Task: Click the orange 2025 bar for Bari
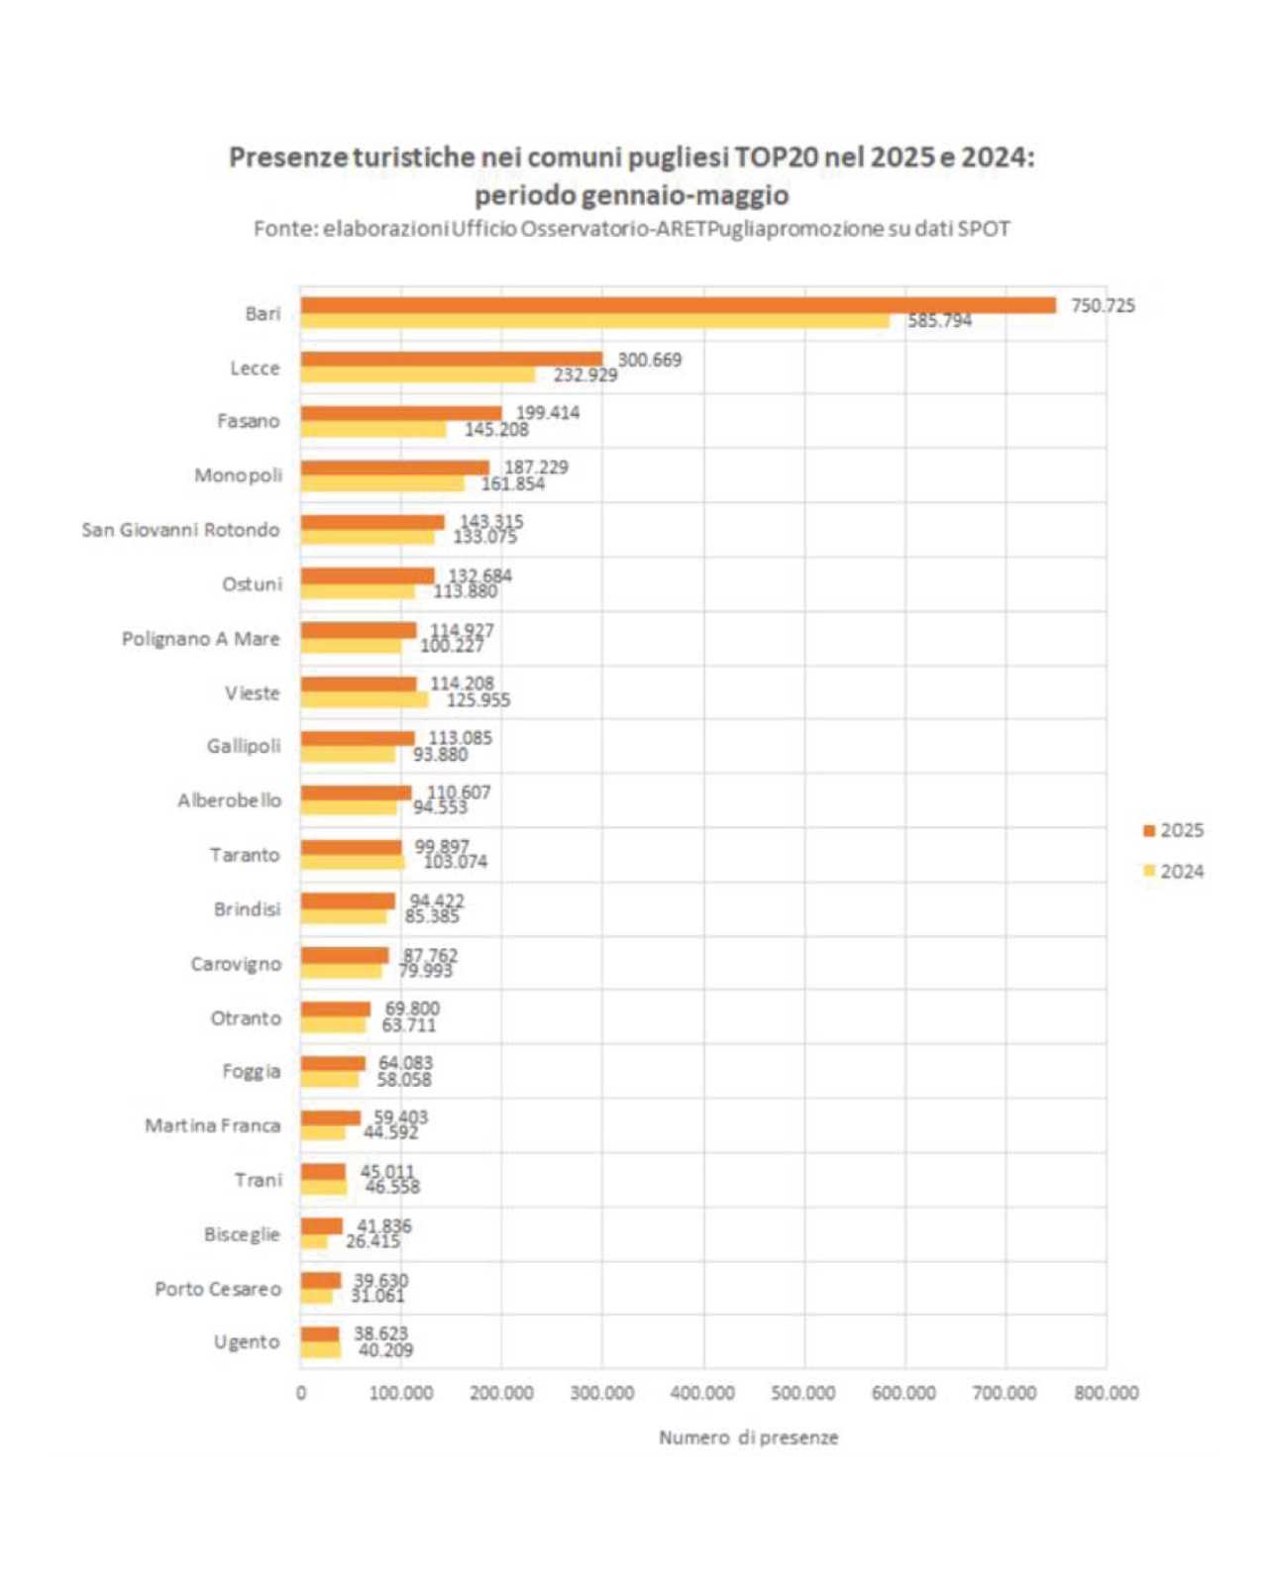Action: [679, 305]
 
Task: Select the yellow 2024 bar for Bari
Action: [594, 321]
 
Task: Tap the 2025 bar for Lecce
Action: [452, 359]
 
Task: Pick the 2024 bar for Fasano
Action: [373, 430]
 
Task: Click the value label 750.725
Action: [1103, 305]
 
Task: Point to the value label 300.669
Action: [650, 360]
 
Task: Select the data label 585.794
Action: [939, 321]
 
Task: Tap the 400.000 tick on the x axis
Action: [702, 1393]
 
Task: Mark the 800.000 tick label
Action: [1106, 1393]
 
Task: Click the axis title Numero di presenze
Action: [749, 1437]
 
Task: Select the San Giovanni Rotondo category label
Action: [180, 530]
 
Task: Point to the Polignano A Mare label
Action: [200, 639]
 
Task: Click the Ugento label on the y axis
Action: [247, 1342]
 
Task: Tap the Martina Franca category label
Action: [212, 1125]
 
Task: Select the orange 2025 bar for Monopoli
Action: [395, 468]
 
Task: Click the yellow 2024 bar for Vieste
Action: [365, 700]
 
